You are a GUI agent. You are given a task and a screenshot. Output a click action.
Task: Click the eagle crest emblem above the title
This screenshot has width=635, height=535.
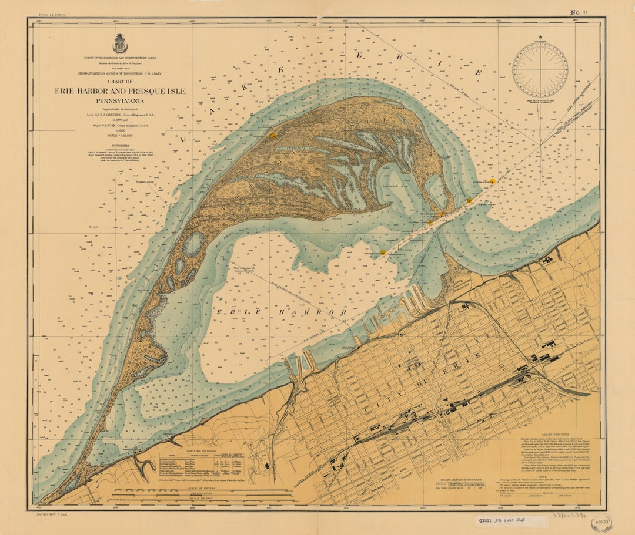tap(120, 44)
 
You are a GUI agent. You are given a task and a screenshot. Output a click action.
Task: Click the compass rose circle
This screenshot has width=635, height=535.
tap(539, 70)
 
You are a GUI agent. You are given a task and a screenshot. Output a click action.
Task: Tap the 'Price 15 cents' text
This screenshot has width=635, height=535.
tap(52, 14)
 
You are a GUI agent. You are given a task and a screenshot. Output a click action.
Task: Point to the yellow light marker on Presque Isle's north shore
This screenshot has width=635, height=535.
tap(272, 135)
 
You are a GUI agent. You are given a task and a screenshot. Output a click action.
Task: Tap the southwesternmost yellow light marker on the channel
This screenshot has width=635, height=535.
tap(383, 253)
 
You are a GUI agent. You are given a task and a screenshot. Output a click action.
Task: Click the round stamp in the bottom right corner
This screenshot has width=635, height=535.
tap(601, 521)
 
